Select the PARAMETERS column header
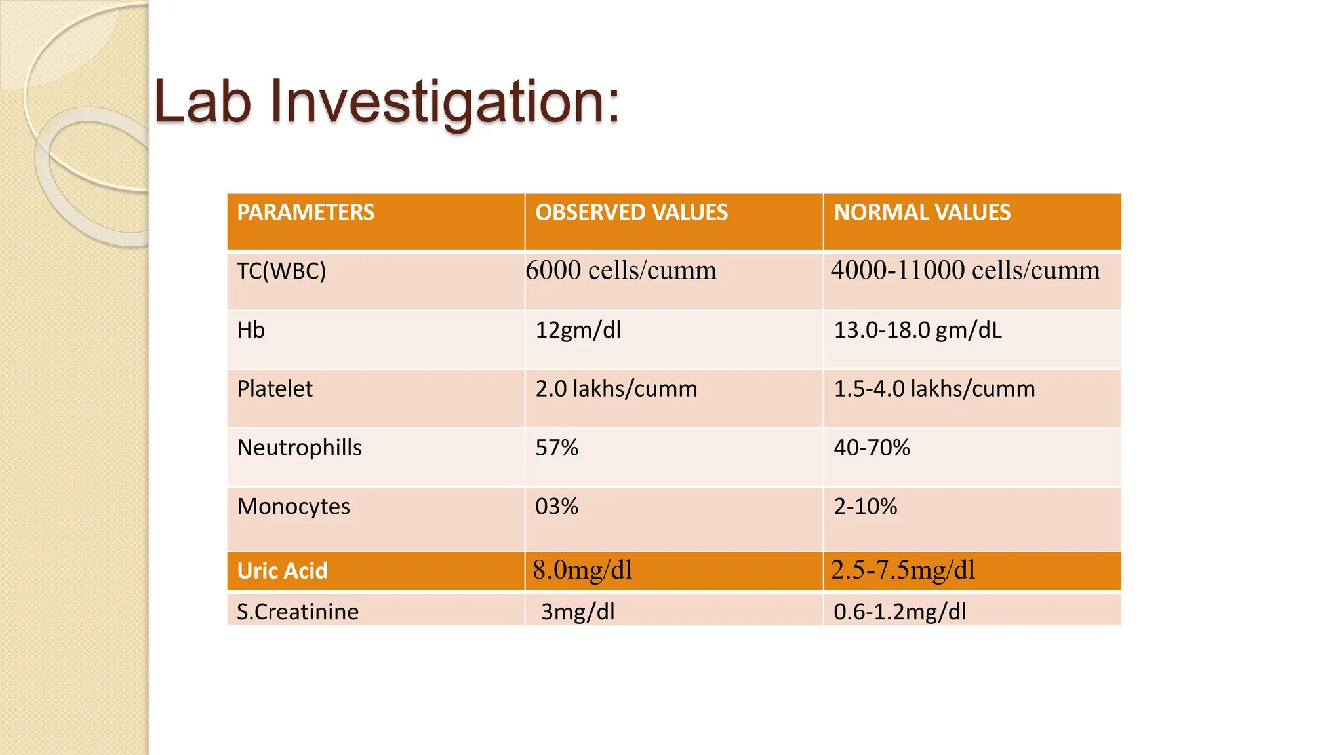(x=306, y=212)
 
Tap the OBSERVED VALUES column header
(x=631, y=212)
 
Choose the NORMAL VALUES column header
(x=922, y=212)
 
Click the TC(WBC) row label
(x=281, y=271)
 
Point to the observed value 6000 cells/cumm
(x=621, y=270)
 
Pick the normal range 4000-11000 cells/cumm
(x=965, y=270)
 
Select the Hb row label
(x=251, y=330)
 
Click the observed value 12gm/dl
(x=578, y=330)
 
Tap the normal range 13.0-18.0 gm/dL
(x=918, y=330)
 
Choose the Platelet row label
(x=275, y=389)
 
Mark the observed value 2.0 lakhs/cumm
(x=616, y=389)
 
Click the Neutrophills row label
(x=300, y=448)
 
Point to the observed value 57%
(x=557, y=448)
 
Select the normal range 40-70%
(x=872, y=448)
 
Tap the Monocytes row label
(x=294, y=507)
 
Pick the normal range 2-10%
(x=866, y=507)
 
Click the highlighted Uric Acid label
(x=283, y=571)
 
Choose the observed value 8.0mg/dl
(x=582, y=570)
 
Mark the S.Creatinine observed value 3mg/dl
(x=578, y=611)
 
